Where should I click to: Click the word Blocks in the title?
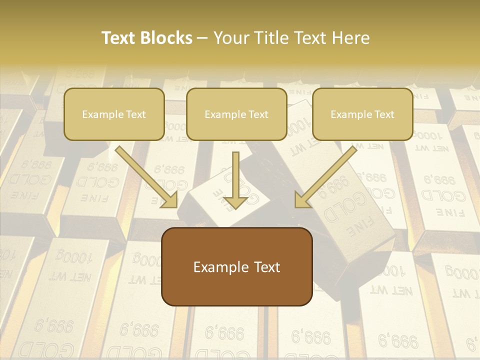click(167, 38)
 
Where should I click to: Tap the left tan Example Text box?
click(114, 114)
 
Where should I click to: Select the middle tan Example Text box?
click(236, 114)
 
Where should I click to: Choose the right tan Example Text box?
click(362, 114)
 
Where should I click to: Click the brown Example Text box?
click(236, 266)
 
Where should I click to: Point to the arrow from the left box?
click(145, 175)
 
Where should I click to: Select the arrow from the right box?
click(327, 175)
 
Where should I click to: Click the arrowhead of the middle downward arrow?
click(235, 201)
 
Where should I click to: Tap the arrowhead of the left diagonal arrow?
click(170, 200)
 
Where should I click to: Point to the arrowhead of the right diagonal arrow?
click(302, 200)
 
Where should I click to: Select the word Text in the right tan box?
click(383, 114)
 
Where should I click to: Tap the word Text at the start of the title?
click(119, 38)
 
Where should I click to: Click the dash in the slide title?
click(202, 38)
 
